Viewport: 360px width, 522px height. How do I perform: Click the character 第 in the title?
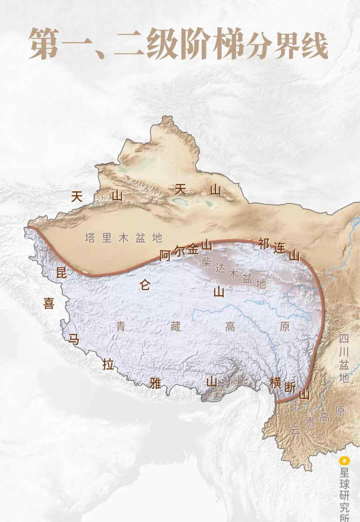coord(46,44)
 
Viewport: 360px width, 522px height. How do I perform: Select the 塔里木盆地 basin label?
coord(123,238)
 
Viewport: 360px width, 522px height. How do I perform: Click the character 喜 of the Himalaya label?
coord(48,303)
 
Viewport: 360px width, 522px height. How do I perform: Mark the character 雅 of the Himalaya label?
coord(156,384)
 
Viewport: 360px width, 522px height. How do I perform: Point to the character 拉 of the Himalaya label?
coord(108,365)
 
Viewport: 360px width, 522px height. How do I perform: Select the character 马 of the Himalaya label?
coord(74,339)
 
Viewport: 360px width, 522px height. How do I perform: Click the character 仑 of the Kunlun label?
coord(145,285)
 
